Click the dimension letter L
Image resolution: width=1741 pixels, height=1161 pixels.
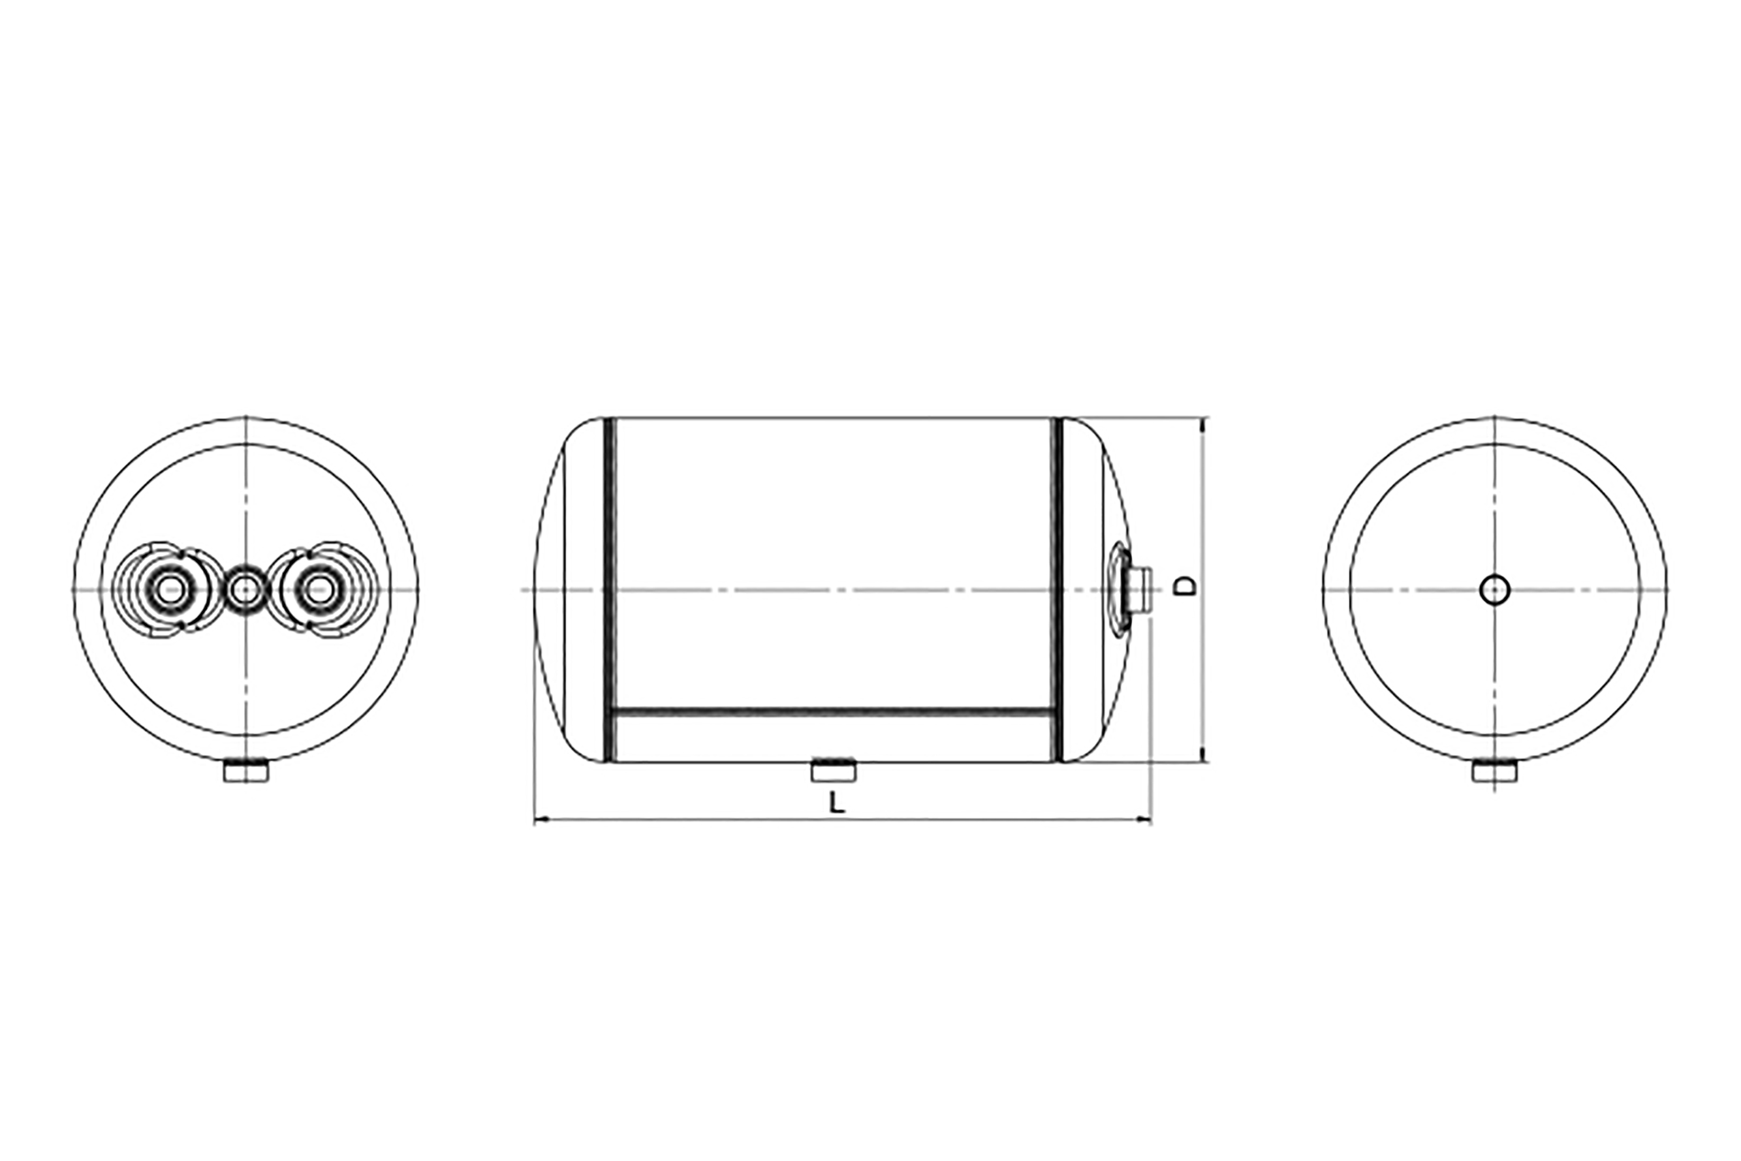(836, 803)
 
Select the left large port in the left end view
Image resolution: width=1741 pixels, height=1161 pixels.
(171, 590)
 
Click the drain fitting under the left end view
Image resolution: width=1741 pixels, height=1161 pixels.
(246, 771)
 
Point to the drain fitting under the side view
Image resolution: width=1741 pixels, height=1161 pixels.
(834, 771)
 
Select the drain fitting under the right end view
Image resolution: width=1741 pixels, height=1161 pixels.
(1494, 771)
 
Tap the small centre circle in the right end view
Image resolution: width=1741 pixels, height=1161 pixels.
(1495, 590)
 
